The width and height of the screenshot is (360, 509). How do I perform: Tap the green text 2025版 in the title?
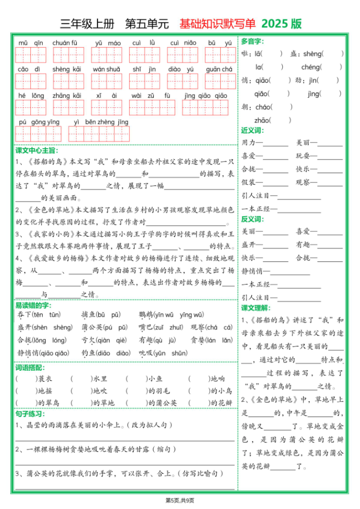tap(281, 24)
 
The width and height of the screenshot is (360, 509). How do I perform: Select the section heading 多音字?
tap(253, 41)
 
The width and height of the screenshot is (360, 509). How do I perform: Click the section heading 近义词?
tap(253, 131)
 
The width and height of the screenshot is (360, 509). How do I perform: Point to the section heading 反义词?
tap(253, 219)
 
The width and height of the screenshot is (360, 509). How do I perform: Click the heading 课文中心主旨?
tap(37, 150)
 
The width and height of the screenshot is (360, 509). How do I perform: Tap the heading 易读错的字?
tap(33, 305)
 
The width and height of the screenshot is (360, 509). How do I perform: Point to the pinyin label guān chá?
tap(219, 69)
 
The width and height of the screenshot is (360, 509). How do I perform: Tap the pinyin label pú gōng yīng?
tap(39, 122)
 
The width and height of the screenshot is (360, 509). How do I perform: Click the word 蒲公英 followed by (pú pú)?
tap(92, 328)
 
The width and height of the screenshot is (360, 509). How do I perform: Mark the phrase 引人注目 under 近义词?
tap(255, 196)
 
